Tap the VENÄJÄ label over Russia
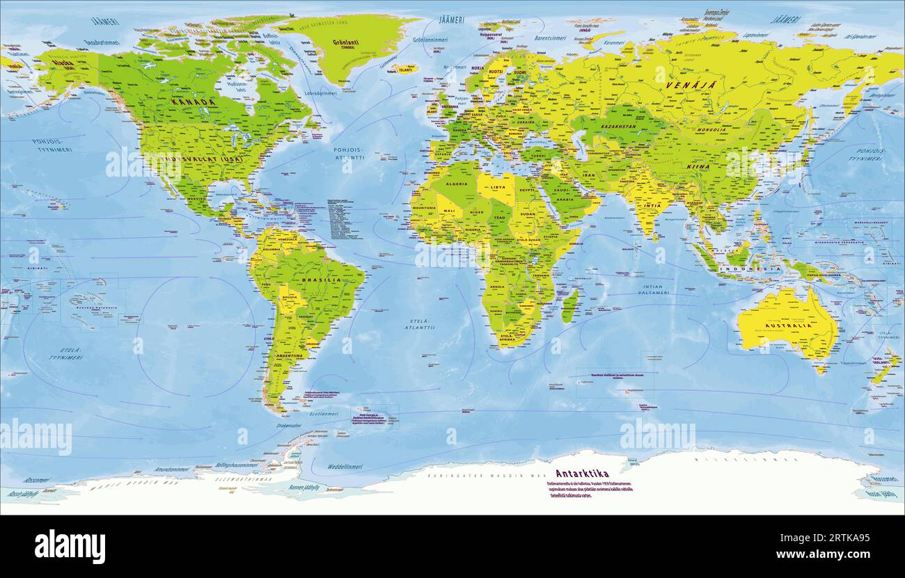tap(682, 85)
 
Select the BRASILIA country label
tap(321, 280)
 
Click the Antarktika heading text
tap(582, 474)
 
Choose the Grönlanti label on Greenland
tap(345, 42)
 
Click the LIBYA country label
tap(497, 187)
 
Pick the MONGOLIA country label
tap(711, 130)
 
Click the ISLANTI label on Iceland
tap(405, 68)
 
